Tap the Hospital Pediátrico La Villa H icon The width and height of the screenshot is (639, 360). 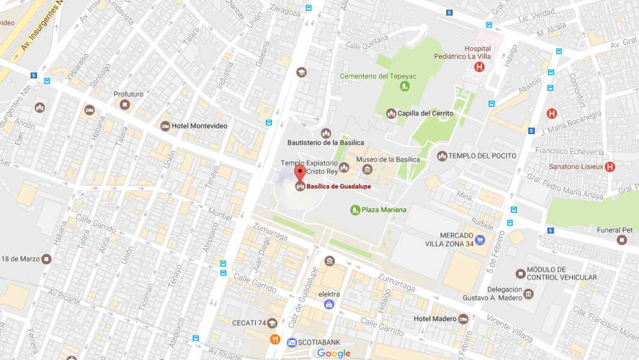479,67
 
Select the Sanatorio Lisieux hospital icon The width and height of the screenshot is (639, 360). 610,167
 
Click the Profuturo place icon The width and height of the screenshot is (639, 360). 125,105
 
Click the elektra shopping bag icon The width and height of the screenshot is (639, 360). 329,305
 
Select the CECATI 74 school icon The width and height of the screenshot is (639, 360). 272,323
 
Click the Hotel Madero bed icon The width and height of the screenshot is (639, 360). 463,319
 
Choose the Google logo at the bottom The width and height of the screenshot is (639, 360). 334,353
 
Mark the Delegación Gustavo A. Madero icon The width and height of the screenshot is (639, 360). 528,293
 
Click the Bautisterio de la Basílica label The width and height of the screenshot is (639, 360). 326,143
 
